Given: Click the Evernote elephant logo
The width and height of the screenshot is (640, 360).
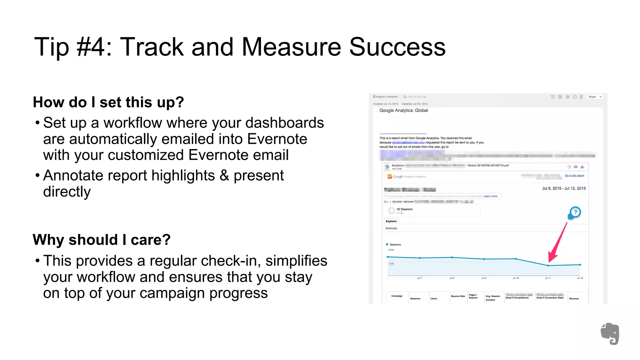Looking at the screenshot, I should pyautogui.click(x=610, y=334).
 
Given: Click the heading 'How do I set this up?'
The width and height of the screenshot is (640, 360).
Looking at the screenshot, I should pyautogui.click(x=108, y=102).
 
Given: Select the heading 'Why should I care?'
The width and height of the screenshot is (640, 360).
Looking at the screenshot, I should pyautogui.click(x=102, y=240).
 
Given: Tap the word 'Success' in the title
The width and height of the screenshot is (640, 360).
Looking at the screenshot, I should pyautogui.click(x=397, y=47).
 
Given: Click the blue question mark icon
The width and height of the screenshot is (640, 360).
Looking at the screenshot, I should pyautogui.click(x=575, y=212).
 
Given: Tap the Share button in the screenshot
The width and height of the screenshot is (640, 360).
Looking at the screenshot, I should pyautogui.click(x=592, y=97).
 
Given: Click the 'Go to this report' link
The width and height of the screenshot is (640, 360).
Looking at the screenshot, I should pyautogui.click(x=574, y=176).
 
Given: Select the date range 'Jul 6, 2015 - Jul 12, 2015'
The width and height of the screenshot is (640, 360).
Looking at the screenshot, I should pyautogui.click(x=563, y=188).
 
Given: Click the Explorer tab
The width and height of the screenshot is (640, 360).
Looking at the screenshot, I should pyautogui.click(x=391, y=221).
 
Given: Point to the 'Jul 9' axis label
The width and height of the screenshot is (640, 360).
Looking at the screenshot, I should pyautogui.click(x=483, y=278).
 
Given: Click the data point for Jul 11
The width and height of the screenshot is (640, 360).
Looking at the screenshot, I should pyautogui.click(x=548, y=266).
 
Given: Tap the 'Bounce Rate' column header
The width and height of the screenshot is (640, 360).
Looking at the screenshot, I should pyautogui.click(x=458, y=296).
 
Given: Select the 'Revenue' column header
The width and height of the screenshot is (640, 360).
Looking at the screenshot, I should pyautogui.click(x=574, y=299).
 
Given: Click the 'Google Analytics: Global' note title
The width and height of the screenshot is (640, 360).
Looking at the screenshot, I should pyautogui.click(x=403, y=111).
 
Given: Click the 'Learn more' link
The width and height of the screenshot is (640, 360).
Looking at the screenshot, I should pyautogui.click(x=490, y=196).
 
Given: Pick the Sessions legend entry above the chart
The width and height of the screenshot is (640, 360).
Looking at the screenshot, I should pyautogui.click(x=395, y=245).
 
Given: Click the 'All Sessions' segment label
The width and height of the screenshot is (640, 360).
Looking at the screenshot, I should pyautogui.click(x=404, y=209).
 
